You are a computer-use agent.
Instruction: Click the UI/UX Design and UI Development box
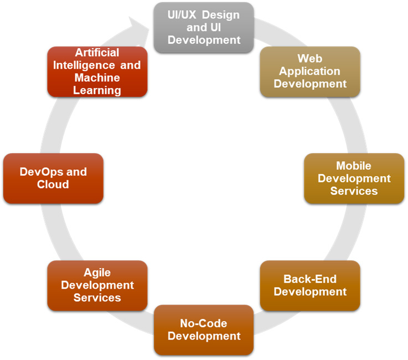tap(204, 28)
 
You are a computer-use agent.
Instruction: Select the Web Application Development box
tap(310, 71)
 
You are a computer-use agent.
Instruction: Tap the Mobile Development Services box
tap(354, 178)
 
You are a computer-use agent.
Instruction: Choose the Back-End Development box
tap(310, 285)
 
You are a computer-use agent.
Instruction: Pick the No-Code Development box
tap(204, 330)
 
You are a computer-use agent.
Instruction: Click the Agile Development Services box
tap(97, 285)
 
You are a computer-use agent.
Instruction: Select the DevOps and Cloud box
tap(53, 178)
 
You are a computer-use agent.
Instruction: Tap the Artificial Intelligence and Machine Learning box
tap(97, 71)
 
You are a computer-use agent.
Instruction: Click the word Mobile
tap(354, 166)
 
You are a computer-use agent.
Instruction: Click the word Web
tap(310, 59)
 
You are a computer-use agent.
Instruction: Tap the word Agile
tap(97, 273)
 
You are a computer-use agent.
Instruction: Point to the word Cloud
tap(53, 185)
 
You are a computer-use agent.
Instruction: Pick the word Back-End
tap(310, 279)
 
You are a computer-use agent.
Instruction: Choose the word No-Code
tap(204, 323)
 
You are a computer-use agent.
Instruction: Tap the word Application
tap(310, 71)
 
